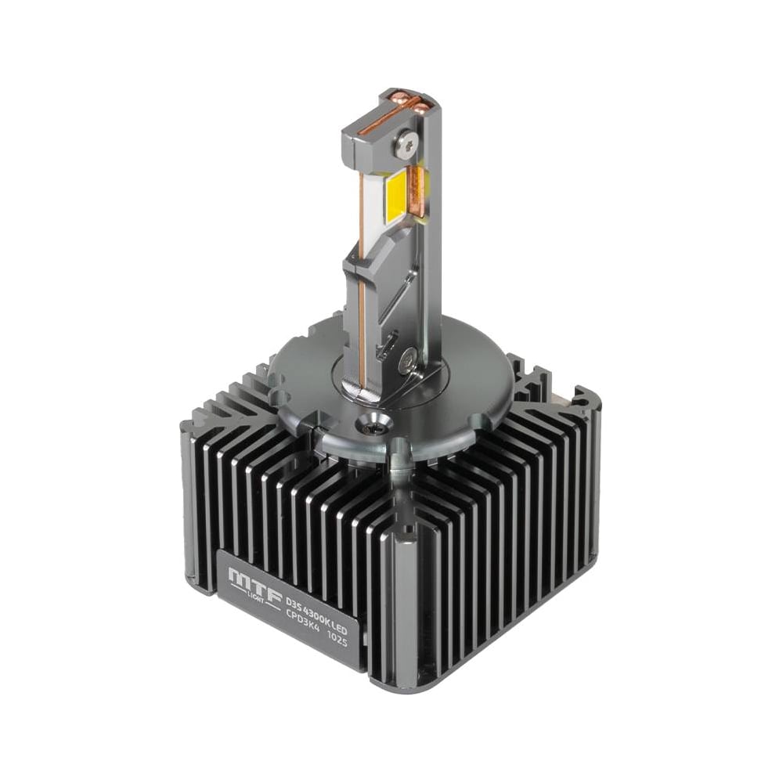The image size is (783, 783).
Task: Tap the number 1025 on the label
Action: (x=337, y=637)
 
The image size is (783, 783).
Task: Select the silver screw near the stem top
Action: (x=408, y=145)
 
